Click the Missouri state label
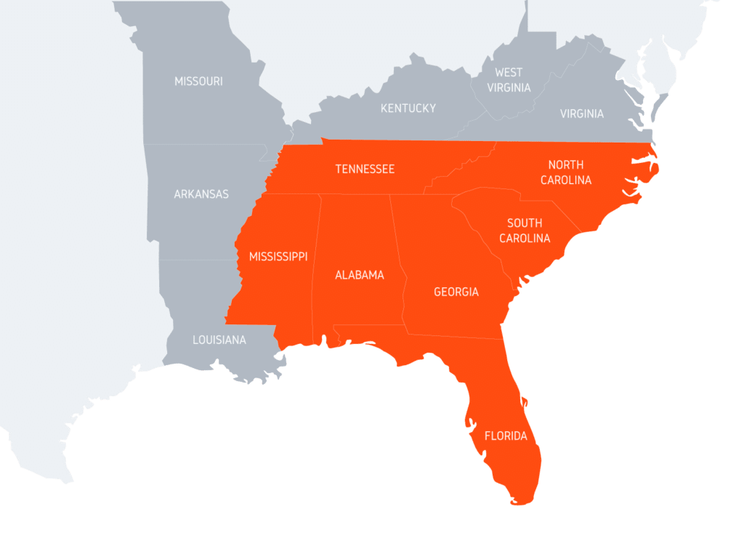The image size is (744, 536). click(198, 81)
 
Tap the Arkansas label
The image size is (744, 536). click(201, 194)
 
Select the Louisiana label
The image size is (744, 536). click(219, 340)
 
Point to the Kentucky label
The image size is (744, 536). click(408, 108)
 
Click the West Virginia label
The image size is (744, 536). click(509, 80)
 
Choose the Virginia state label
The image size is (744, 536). click(581, 113)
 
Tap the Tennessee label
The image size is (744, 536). click(365, 169)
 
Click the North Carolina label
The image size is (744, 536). click(566, 172)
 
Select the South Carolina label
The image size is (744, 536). click(525, 231)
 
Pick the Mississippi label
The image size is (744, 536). click(278, 257)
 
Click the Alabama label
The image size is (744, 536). click(359, 275)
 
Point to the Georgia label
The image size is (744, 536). click(456, 292)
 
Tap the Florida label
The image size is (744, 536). click(506, 436)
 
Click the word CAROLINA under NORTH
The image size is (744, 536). click(566, 180)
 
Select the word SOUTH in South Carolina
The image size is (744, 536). click(525, 223)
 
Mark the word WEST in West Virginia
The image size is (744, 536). click(509, 72)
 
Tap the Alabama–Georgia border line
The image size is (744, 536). click(398, 262)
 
